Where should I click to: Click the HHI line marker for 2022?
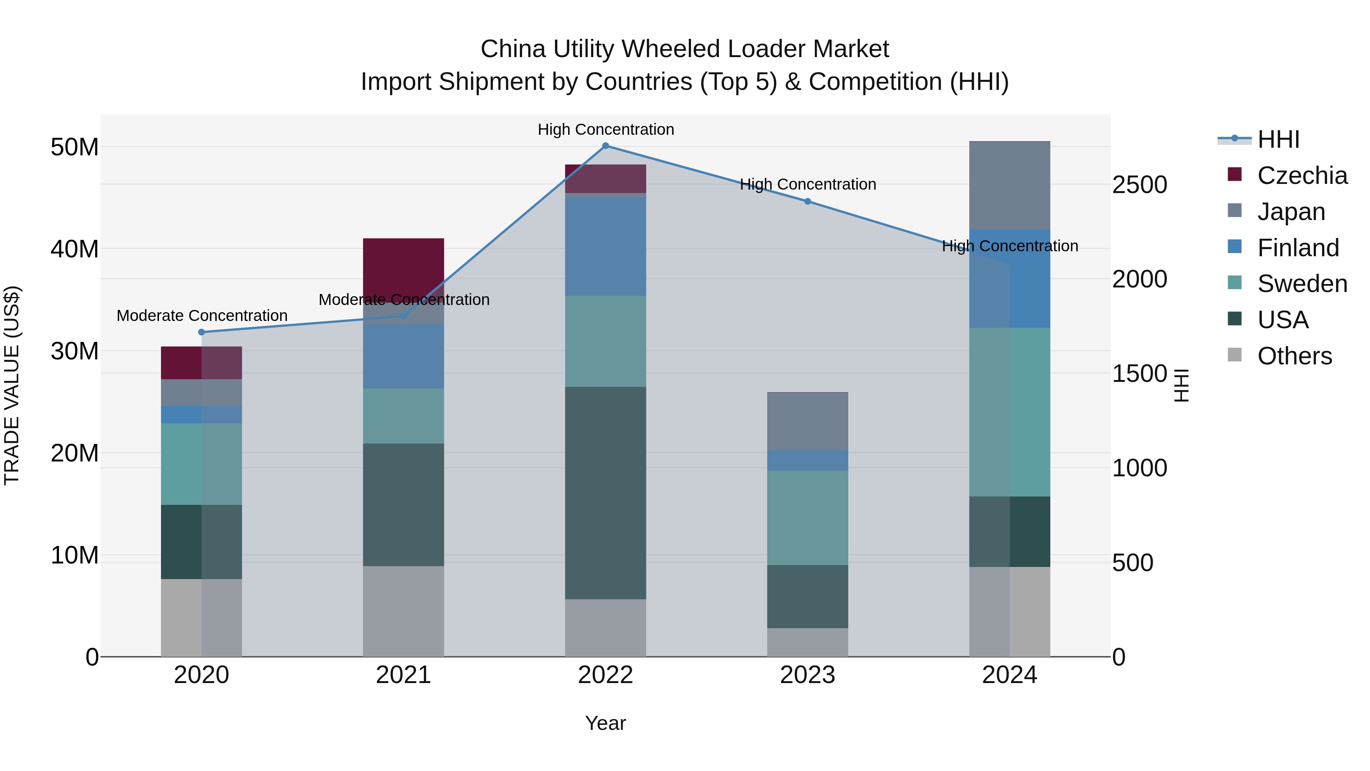605,146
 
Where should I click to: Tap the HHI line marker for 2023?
807,202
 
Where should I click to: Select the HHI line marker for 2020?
202,332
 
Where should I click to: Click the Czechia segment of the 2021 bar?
403,266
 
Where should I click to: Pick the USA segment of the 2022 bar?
605,493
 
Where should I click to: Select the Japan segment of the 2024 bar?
1009,186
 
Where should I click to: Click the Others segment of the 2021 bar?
403,611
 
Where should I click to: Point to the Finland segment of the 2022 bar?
605,246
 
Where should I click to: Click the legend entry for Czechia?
1302,176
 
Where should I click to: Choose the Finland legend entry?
1298,248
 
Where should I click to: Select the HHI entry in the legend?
1278,139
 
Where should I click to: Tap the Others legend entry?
1295,356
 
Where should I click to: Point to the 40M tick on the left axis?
75,249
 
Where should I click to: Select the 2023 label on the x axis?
807,675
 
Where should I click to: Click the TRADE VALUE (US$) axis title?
12,385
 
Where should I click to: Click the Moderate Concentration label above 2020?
202,316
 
